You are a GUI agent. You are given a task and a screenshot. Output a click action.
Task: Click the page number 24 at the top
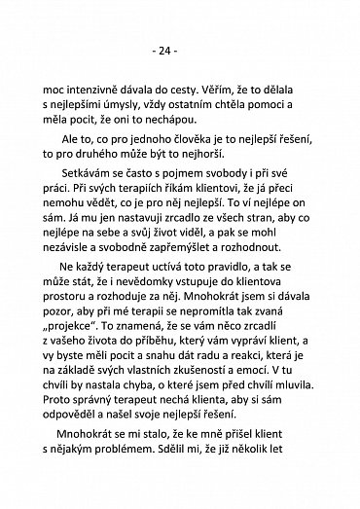[x=180, y=46]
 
